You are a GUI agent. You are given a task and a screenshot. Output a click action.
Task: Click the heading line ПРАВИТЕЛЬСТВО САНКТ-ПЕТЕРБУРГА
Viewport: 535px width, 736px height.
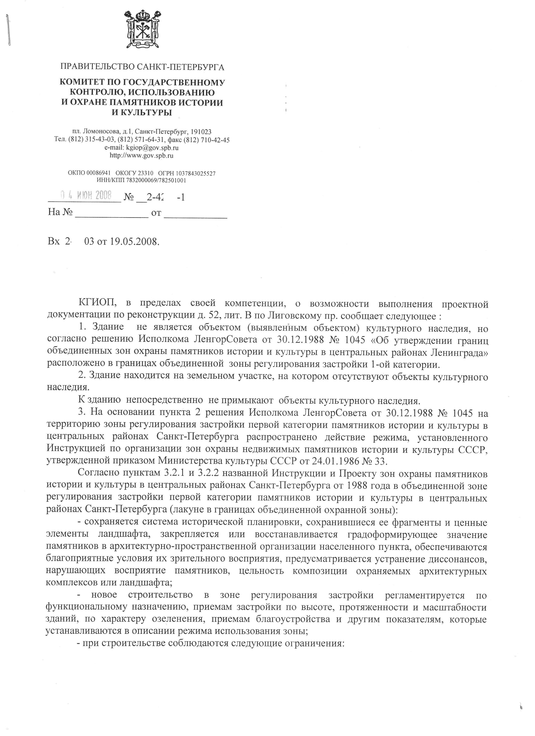(x=142, y=67)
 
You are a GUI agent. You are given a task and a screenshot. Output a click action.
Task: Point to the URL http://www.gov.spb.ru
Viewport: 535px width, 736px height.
(x=142, y=155)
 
